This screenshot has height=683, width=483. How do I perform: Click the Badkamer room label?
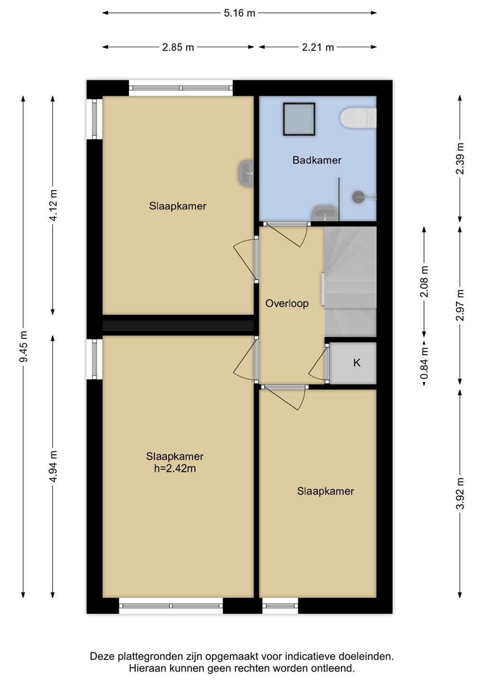317,160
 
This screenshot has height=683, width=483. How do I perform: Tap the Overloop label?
287,304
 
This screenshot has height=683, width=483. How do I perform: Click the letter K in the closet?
356,363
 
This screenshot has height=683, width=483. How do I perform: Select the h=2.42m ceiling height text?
175,468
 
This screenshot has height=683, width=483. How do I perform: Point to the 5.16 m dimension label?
240,13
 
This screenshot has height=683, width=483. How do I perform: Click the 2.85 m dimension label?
178,47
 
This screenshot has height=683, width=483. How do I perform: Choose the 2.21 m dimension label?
318,47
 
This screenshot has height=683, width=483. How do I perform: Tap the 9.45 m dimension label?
23,347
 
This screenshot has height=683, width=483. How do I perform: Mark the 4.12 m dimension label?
53,205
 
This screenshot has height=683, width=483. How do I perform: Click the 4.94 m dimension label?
53,467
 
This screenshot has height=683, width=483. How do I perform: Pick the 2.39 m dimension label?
460,158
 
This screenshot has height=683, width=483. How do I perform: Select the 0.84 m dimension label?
424,362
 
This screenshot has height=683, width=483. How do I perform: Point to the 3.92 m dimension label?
460,493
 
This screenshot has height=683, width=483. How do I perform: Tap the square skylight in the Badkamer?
299,119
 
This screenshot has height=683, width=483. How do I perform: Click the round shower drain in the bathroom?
358,197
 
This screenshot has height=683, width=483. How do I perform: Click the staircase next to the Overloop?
350,281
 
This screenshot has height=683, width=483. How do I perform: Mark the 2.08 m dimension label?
424,281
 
